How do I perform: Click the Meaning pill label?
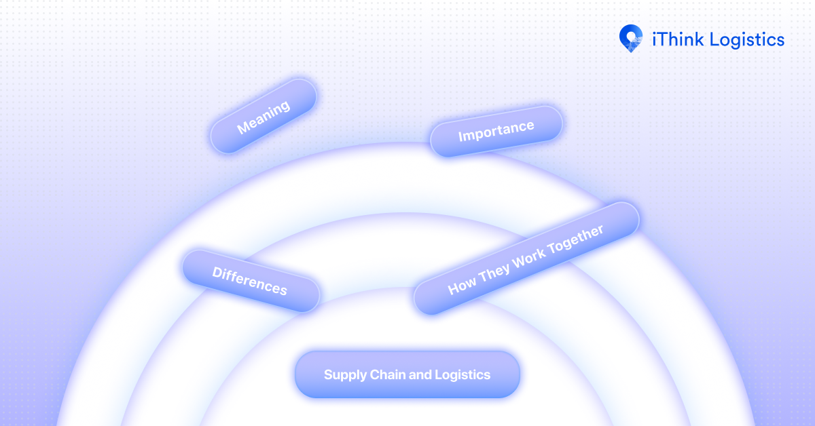point(264,116)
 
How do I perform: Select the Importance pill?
point(496,131)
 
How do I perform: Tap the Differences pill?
point(250,281)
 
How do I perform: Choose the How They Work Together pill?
point(526,258)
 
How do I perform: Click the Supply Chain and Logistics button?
point(407,374)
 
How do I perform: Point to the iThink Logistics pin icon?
point(631,38)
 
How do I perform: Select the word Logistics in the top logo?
point(747,40)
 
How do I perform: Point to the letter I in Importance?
point(460,136)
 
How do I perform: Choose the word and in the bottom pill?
point(418,374)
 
